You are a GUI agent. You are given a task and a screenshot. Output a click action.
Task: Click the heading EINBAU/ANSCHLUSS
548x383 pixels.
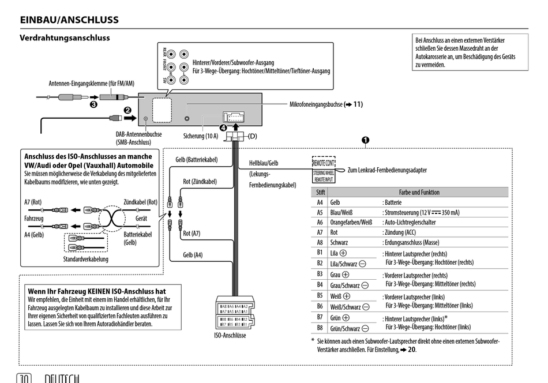69,20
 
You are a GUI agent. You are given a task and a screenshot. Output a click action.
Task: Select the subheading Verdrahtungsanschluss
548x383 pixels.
65,38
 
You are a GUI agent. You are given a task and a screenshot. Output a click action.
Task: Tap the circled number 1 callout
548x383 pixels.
365,140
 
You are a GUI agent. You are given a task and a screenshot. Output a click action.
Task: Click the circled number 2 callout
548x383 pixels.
127,110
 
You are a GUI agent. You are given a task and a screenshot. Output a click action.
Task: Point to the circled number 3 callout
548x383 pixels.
93,106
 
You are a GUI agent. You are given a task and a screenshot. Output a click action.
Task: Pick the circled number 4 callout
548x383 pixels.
223,127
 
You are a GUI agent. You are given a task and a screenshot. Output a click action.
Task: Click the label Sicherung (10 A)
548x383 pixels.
201,136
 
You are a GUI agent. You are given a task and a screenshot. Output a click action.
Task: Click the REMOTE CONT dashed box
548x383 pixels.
324,163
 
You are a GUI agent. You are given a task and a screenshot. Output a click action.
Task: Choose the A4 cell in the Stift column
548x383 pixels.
320,202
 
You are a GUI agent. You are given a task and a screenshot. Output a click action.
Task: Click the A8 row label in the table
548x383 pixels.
320,242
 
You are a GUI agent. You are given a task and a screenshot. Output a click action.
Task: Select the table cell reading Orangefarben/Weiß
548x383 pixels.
351,222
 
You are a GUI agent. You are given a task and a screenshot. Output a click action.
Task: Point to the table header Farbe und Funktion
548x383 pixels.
419,192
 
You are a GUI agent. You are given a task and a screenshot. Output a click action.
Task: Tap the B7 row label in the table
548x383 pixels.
320,317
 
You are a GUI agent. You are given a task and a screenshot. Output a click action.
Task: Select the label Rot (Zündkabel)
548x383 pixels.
200,181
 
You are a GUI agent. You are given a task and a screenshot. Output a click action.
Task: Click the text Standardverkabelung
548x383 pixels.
85,259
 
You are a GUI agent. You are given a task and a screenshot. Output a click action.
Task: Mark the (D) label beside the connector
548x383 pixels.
252,136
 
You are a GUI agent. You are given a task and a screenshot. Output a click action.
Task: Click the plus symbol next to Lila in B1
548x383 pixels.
343,253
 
